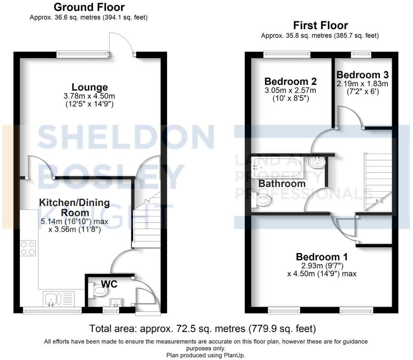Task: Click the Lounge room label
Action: [x=89, y=87]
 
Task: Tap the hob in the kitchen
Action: [x=28, y=248]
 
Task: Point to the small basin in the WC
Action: [x=116, y=303]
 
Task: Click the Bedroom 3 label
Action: [x=362, y=75]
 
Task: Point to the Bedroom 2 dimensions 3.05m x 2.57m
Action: [x=290, y=91]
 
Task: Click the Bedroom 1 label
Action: [x=322, y=257]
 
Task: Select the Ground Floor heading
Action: [x=89, y=7]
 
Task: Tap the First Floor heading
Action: [x=320, y=25]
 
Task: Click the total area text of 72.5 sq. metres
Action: [x=202, y=329]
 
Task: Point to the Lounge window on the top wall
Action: [x=82, y=54]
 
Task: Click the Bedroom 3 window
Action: [x=361, y=54]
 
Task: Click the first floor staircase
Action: [x=378, y=182]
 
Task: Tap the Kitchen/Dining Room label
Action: [x=74, y=207]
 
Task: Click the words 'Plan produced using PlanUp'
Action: [x=206, y=355]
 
